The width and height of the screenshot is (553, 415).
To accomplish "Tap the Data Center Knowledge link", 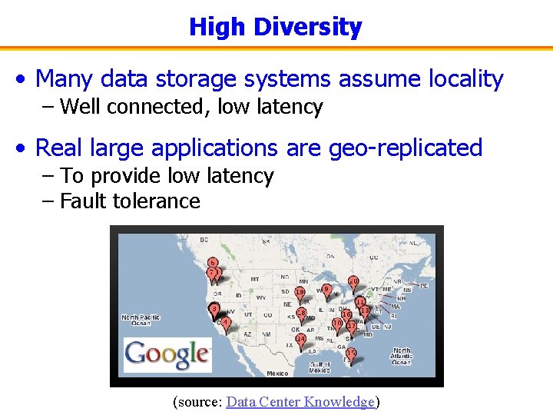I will (x=300, y=401).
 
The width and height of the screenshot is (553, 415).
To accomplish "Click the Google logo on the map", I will (x=167, y=354).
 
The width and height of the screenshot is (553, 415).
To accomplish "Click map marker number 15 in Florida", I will (x=351, y=354).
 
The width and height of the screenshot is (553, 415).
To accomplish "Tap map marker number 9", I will (x=326, y=290).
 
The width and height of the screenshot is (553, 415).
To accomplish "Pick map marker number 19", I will (x=300, y=294).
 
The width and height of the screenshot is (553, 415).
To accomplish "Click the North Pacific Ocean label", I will (x=140, y=319).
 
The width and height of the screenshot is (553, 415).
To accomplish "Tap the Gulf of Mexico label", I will (x=319, y=366).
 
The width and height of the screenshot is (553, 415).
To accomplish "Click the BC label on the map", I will (x=204, y=241).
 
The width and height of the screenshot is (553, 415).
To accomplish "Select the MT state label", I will (x=254, y=279).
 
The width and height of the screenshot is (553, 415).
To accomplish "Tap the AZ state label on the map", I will (x=247, y=334).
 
